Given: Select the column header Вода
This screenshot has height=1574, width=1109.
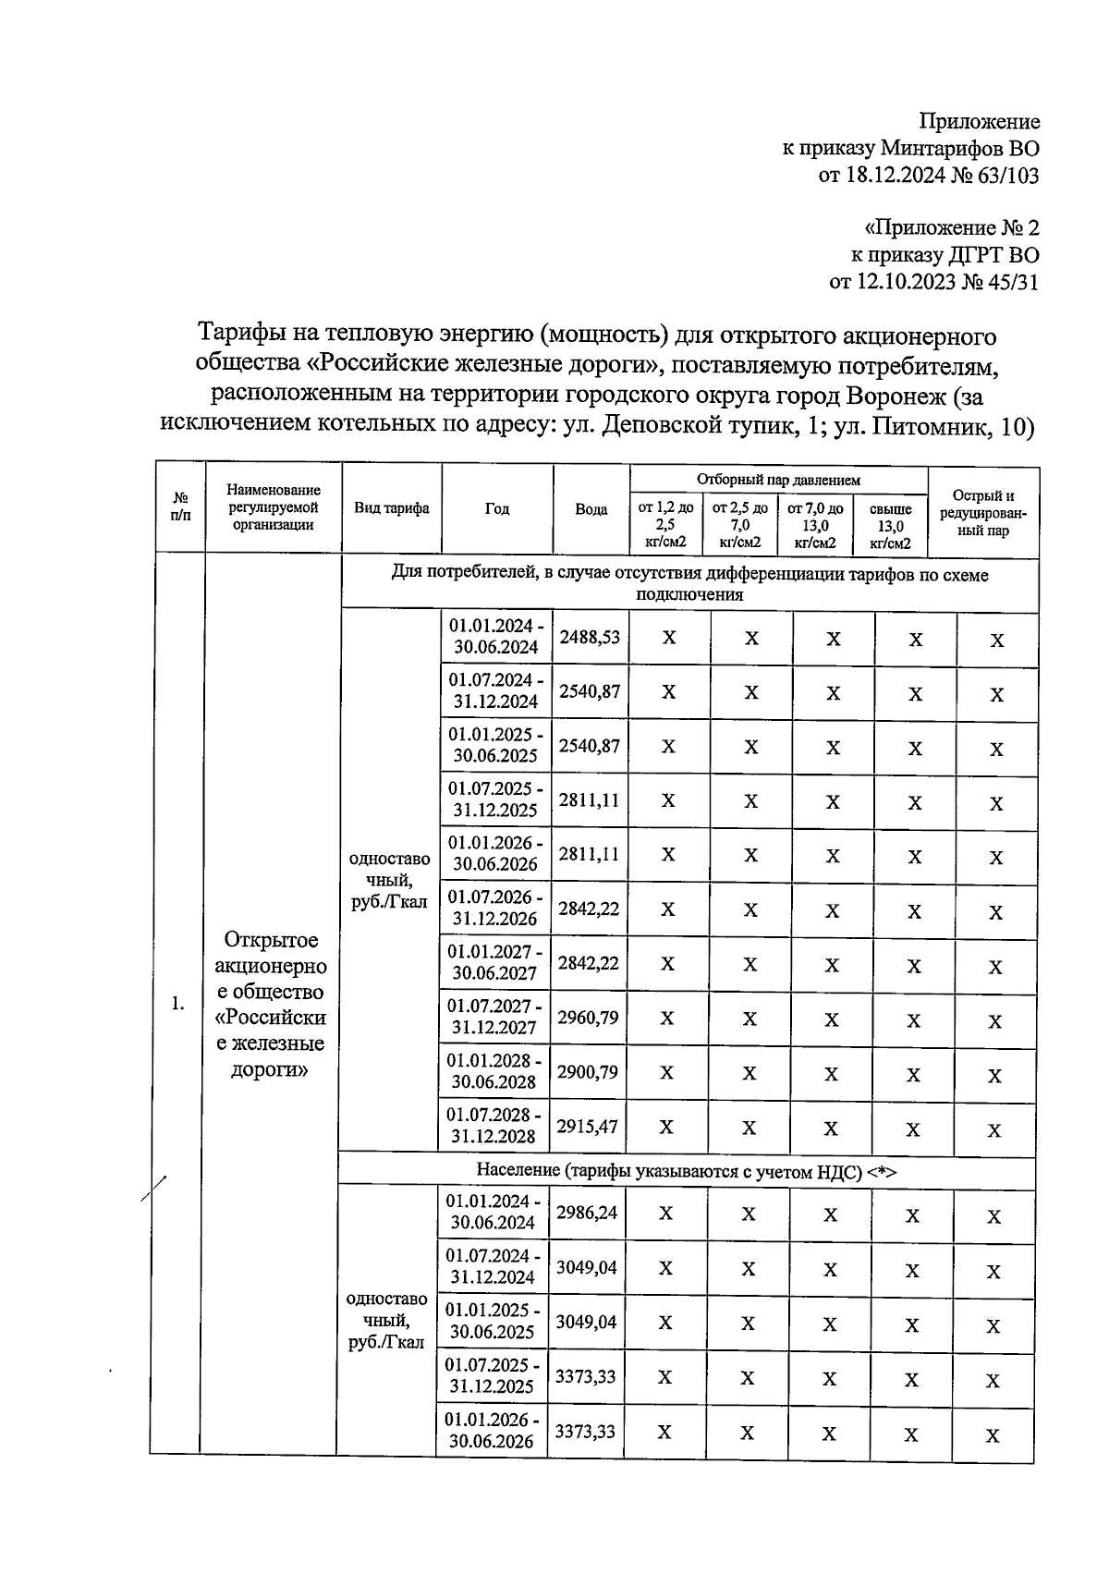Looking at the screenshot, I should [591, 509].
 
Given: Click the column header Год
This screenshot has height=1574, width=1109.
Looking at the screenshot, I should [496, 509].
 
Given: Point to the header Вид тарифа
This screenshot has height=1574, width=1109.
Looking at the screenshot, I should [391, 508].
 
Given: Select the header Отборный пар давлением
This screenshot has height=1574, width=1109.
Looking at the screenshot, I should [778, 480].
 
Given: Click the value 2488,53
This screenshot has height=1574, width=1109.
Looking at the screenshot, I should [589, 638].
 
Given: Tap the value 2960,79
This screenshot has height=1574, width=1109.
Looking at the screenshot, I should [588, 1018].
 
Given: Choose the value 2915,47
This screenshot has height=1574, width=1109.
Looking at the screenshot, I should [587, 1127].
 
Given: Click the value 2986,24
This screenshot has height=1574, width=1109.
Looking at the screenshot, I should [586, 1213].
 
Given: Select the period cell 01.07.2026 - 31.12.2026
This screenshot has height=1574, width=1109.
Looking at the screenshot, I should [494, 909].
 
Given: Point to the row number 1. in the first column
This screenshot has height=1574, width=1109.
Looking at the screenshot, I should [178, 1004].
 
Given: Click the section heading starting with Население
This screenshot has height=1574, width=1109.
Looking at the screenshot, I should [687, 1171].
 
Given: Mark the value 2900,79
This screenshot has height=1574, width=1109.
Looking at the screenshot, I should [587, 1072].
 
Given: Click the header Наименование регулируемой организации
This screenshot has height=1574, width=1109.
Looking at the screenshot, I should [274, 507].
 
